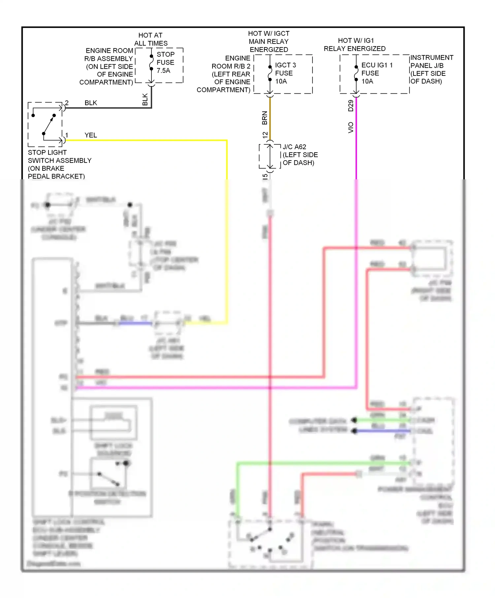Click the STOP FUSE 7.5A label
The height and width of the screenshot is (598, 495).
pos(165,62)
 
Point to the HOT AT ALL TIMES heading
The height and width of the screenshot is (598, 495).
pos(150,39)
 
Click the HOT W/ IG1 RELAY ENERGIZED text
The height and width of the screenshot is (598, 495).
pos(355,45)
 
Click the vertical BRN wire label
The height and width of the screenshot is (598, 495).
pos(264,118)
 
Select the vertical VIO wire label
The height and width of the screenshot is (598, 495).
pos(350,128)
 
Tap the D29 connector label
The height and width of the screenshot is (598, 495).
pos(350,105)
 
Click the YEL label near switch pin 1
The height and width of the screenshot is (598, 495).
pos(91,135)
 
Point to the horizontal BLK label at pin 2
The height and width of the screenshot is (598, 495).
pos(91,103)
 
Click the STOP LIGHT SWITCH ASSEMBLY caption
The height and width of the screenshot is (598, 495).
pos(59,164)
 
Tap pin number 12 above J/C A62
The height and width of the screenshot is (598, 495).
pos(265,135)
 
